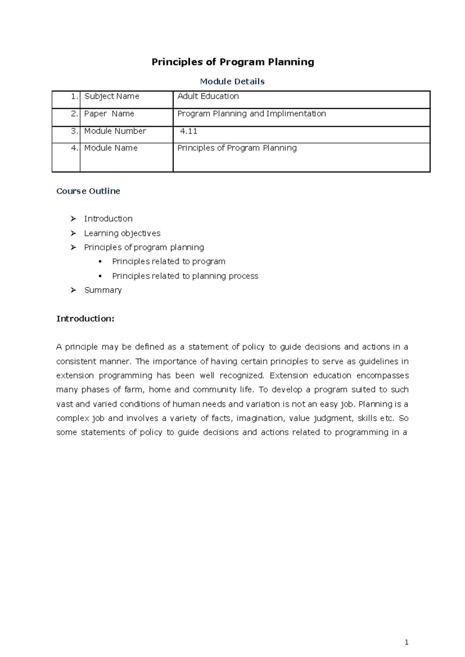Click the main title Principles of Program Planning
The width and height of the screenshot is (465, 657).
(x=232, y=62)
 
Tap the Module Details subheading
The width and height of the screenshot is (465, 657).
(x=232, y=81)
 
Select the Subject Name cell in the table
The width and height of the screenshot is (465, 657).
(x=112, y=96)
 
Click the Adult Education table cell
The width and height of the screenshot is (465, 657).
(x=208, y=96)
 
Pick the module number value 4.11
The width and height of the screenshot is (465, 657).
(x=189, y=131)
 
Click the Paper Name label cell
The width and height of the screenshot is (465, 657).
(x=109, y=114)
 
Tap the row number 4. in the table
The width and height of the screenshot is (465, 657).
(x=75, y=148)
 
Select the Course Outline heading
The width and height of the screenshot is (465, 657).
(x=88, y=191)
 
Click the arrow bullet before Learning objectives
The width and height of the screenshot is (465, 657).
(x=73, y=233)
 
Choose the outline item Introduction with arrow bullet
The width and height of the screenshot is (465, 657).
(x=108, y=219)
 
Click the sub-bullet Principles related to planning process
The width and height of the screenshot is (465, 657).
(x=185, y=276)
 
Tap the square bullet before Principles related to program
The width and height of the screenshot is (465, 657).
(x=100, y=261)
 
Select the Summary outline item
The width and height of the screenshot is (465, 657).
(x=103, y=290)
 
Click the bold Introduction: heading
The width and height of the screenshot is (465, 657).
(x=85, y=319)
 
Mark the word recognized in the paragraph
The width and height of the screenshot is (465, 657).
(x=241, y=376)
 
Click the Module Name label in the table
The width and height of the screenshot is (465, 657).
(x=111, y=148)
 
